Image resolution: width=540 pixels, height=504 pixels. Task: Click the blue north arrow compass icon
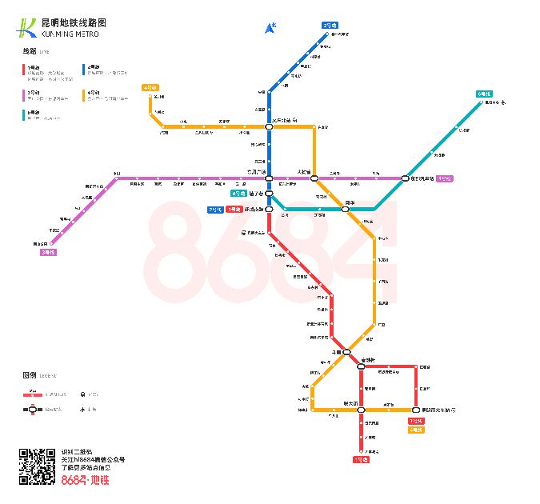(x=270, y=29)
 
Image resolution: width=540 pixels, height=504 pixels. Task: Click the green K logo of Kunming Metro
(x=26, y=28)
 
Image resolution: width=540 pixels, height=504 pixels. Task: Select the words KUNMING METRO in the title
(x=70, y=34)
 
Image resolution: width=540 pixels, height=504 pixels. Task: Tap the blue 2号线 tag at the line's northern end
(x=330, y=25)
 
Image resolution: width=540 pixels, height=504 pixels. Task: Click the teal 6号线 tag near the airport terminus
(x=484, y=94)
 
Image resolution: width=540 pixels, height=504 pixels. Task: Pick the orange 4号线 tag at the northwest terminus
(x=150, y=87)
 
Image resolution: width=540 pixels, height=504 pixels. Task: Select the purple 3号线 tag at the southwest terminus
(x=48, y=252)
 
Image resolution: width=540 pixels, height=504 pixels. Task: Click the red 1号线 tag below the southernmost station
(x=361, y=460)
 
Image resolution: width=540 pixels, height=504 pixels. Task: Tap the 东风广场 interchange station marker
(x=270, y=178)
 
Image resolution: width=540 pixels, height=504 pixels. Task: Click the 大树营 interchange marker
(x=314, y=178)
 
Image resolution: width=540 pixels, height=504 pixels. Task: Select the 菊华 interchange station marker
(x=349, y=210)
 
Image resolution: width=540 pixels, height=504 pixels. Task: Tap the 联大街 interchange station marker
(x=361, y=410)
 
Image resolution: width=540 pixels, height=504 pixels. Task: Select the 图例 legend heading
(x=30, y=374)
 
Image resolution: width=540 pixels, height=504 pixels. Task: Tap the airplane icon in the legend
(x=83, y=409)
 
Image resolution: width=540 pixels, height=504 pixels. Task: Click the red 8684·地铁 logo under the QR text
(x=85, y=480)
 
